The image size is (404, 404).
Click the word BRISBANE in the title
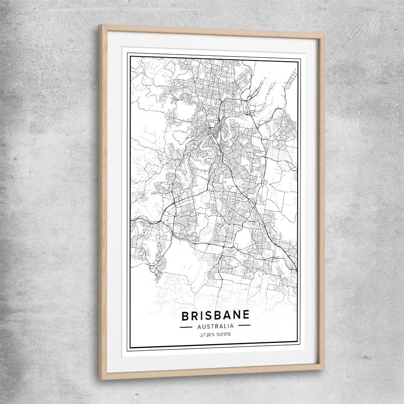point(215,315)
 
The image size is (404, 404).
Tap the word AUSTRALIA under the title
point(215,326)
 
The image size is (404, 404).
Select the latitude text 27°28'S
point(207,335)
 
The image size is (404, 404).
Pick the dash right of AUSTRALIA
point(244,325)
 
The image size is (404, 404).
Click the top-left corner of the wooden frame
point(100,25)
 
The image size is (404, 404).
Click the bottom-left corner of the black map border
point(129,348)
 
